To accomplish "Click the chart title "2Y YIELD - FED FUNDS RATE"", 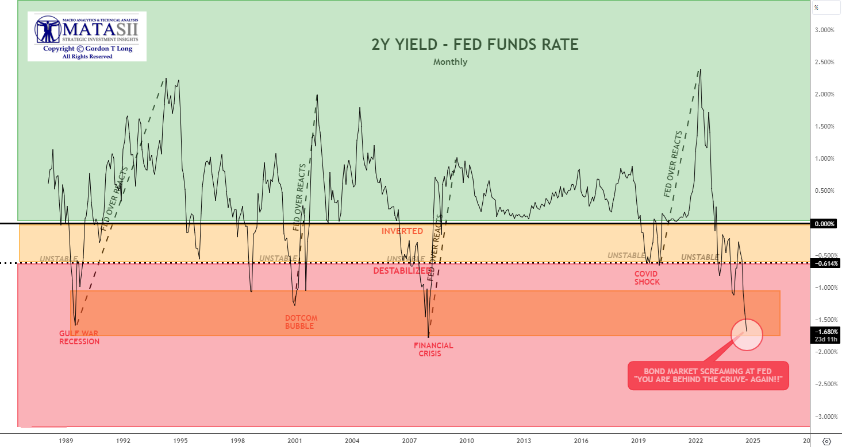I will pos(475,44).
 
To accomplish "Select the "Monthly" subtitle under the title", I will pos(450,62).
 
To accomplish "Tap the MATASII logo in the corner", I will pos(87,36).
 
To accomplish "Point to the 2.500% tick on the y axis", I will pos(825,62).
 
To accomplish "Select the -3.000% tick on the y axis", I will pos(825,416).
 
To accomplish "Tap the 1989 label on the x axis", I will pos(66,441).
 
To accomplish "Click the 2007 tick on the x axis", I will pos(409,441).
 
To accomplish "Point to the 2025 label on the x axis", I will pos(753,441).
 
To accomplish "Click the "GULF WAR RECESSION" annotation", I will pos(79,337).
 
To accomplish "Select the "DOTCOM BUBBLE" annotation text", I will pos(301,322).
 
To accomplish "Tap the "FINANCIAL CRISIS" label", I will pos(433,349).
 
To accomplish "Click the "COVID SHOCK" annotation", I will pos(647,278).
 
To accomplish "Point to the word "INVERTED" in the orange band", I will pos(402,231).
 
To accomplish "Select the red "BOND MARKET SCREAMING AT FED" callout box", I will pos(708,376).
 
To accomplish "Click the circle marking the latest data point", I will pos(747,333).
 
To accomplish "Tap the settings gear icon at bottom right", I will pos(826,441).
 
